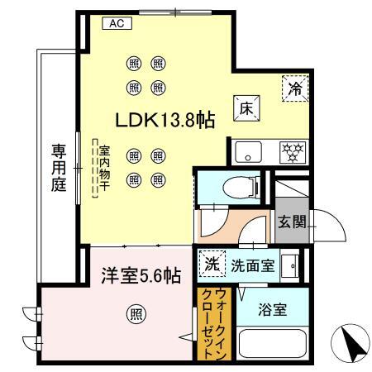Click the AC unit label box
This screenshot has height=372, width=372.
click(117, 23)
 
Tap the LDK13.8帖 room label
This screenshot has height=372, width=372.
click(165, 120)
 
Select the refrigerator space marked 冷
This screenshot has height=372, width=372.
click(295, 88)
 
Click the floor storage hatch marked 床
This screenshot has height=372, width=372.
click(246, 108)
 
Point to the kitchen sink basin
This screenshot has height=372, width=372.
click(248, 152)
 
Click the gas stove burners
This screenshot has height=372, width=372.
click(293, 152)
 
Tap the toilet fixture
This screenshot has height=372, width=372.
click(241, 188)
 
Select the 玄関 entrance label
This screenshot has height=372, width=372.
click(292, 222)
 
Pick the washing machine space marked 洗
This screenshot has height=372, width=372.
click(212, 264)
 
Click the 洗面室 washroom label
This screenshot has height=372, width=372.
click(253, 266)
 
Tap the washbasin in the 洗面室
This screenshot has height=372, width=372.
click(290, 266)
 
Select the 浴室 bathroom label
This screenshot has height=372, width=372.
click(273, 310)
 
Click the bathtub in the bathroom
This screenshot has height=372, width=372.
click(273, 343)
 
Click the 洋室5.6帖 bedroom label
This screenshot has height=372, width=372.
click(141, 276)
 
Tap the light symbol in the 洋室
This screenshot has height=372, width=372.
click(136, 314)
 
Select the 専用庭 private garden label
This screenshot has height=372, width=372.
click(59, 168)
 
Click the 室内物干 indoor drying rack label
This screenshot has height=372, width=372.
click(105, 168)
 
